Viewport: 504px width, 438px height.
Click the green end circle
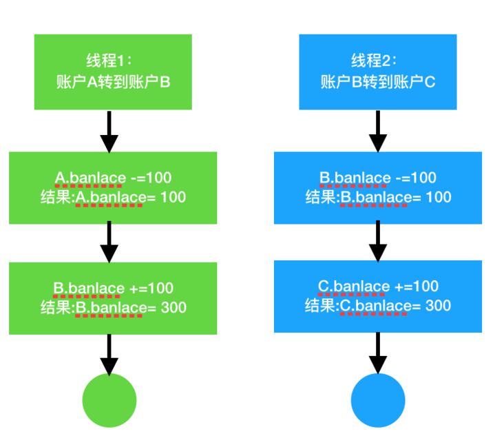(x=109, y=401)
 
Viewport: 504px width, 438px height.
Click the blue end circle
(x=378, y=401)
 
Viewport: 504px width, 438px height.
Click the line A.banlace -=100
(x=113, y=178)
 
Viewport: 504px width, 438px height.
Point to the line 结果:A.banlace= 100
(x=113, y=198)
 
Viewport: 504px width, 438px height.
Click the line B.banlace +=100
(x=113, y=288)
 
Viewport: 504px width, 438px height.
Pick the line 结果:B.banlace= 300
(x=113, y=307)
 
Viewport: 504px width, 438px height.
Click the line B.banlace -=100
(x=378, y=178)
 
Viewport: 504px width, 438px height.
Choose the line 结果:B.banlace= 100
(x=378, y=198)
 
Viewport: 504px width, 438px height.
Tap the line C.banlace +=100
(x=378, y=286)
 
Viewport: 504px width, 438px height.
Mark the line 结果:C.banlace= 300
(x=378, y=305)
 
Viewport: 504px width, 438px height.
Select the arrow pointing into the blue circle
(x=378, y=353)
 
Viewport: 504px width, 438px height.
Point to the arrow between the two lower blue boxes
(x=378, y=242)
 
